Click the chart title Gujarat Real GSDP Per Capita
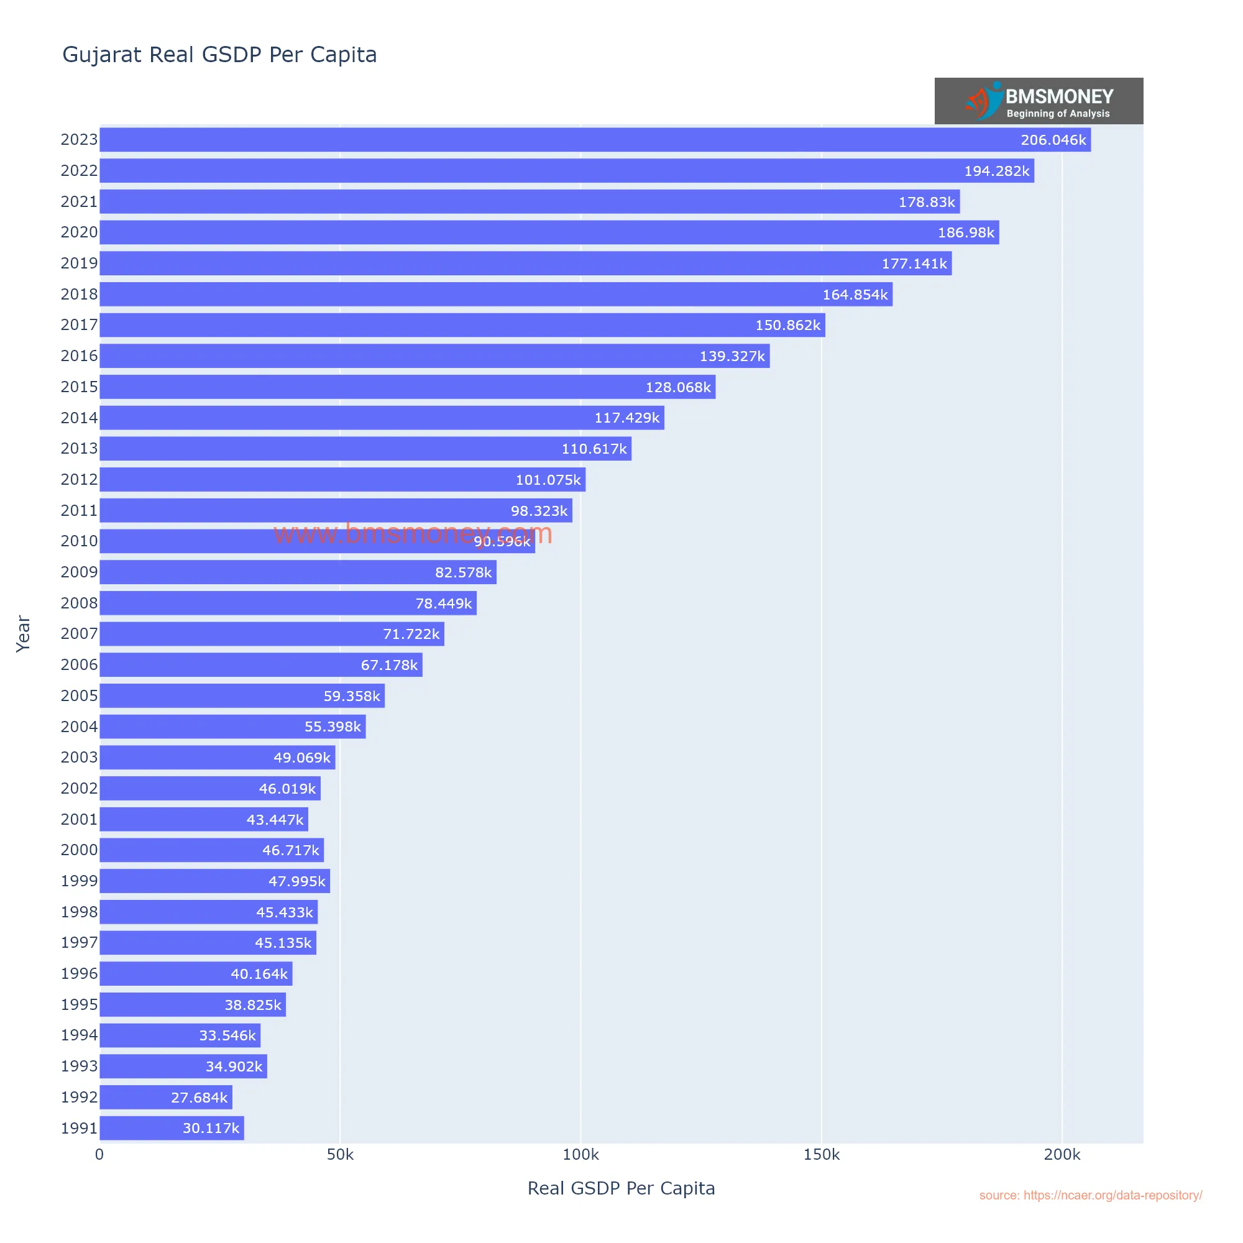219,55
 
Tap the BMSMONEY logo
1039,101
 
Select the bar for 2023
595,140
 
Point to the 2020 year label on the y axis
79,232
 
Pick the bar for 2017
462,325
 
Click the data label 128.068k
677,387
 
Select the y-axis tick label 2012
79,479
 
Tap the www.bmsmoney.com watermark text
413,533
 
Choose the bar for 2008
288,603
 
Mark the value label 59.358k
351,696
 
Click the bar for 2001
203,820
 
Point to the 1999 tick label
79,881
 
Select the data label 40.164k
259,974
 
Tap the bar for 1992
165,1098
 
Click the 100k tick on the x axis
580,1155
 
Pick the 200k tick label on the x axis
1062,1155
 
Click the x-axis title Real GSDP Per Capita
621,1188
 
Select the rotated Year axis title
23,634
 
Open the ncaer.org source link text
1090,1195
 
